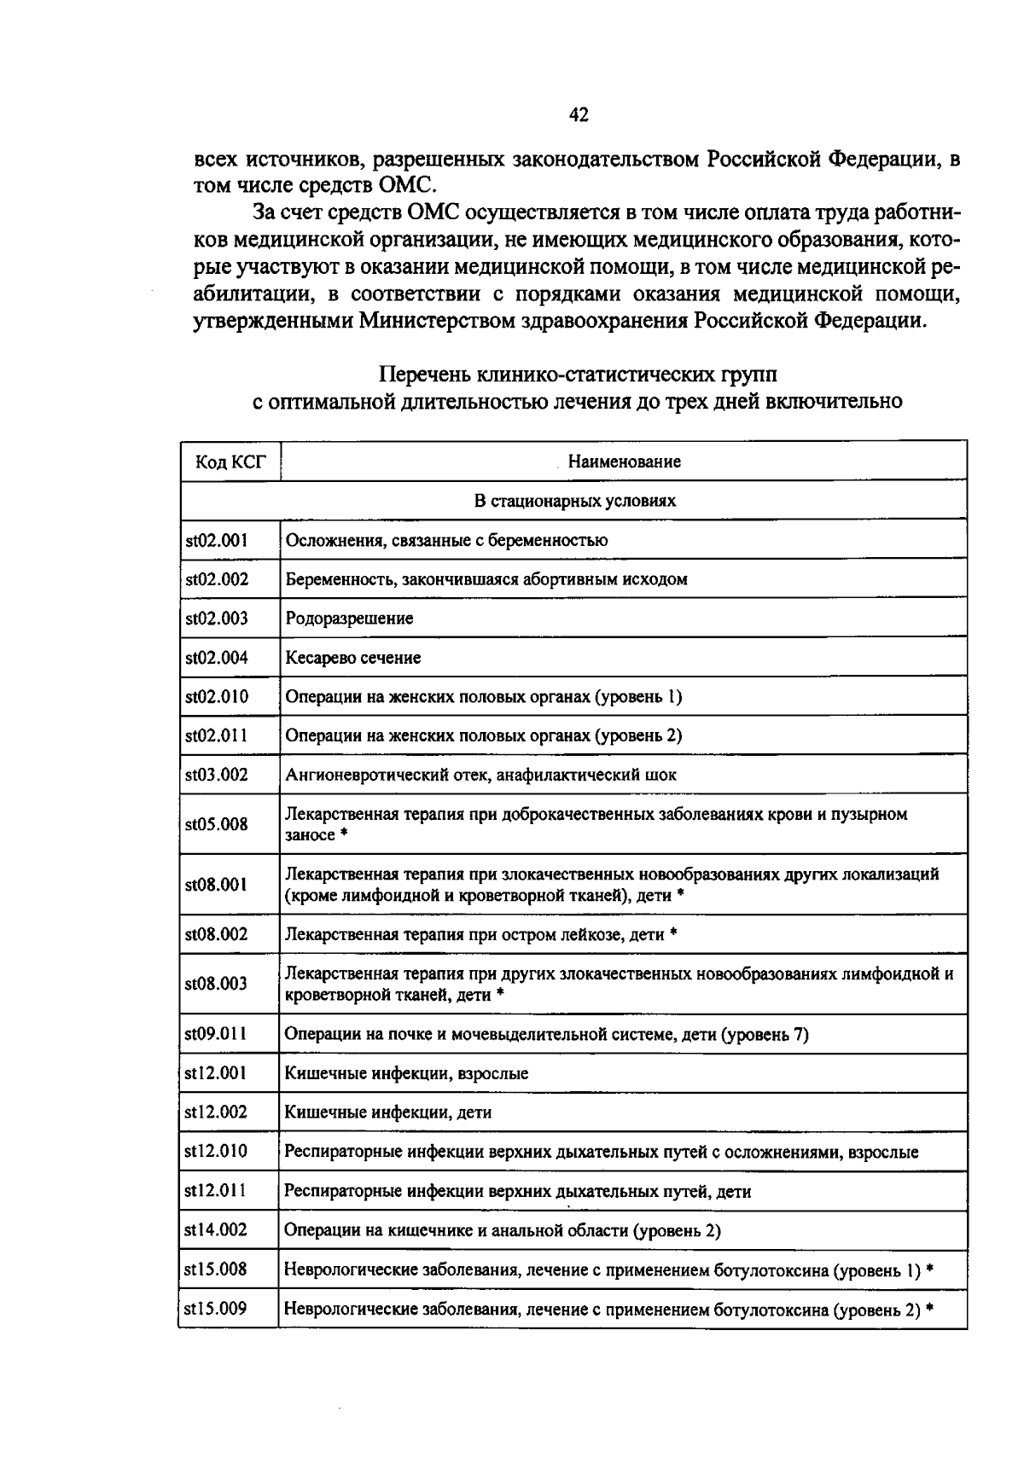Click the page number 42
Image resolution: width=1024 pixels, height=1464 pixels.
[578, 115]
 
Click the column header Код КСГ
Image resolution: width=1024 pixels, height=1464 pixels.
[230, 462]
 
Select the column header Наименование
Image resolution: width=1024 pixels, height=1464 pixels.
[624, 462]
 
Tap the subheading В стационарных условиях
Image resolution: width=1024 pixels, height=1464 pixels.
[574, 501]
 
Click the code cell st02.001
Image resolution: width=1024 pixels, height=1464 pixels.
[217, 540]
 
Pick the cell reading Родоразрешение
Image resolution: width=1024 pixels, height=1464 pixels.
[349, 619]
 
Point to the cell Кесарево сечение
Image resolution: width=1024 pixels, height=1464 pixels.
[352, 658]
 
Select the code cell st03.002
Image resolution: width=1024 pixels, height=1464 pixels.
[217, 775]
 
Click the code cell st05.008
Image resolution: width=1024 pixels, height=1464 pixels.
[217, 824]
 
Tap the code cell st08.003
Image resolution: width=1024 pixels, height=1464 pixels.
[217, 984]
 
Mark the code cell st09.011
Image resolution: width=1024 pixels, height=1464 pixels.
[217, 1034]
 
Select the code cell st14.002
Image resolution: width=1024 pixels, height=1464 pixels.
[217, 1230]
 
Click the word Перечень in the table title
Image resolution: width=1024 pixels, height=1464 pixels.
[424, 375]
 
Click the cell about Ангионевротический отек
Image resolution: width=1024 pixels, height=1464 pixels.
[480, 776]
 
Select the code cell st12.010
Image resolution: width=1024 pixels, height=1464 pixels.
[217, 1152]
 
